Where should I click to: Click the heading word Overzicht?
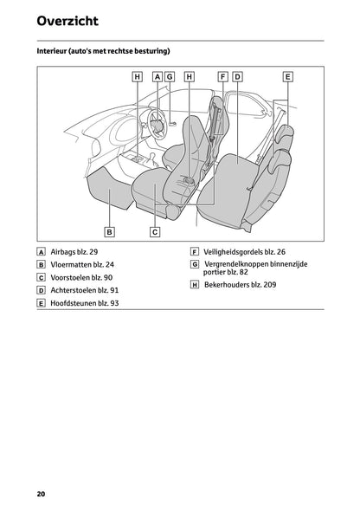[x=67, y=21]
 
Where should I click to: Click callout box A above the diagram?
[x=157, y=77]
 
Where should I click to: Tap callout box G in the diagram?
[x=170, y=77]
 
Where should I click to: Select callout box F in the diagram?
[x=223, y=77]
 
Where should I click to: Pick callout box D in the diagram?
[x=238, y=77]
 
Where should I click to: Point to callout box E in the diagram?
[x=287, y=77]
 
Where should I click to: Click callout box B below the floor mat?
[x=109, y=232]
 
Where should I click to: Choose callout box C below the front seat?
[x=155, y=232]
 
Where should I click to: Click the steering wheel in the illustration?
[x=157, y=122]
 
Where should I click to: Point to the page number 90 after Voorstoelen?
[x=108, y=278]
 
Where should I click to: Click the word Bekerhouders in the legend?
[x=227, y=284]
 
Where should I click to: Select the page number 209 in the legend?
[x=270, y=284]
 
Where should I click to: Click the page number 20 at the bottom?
[x=41, y=494]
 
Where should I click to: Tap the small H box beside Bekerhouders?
[x=195, y=285]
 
